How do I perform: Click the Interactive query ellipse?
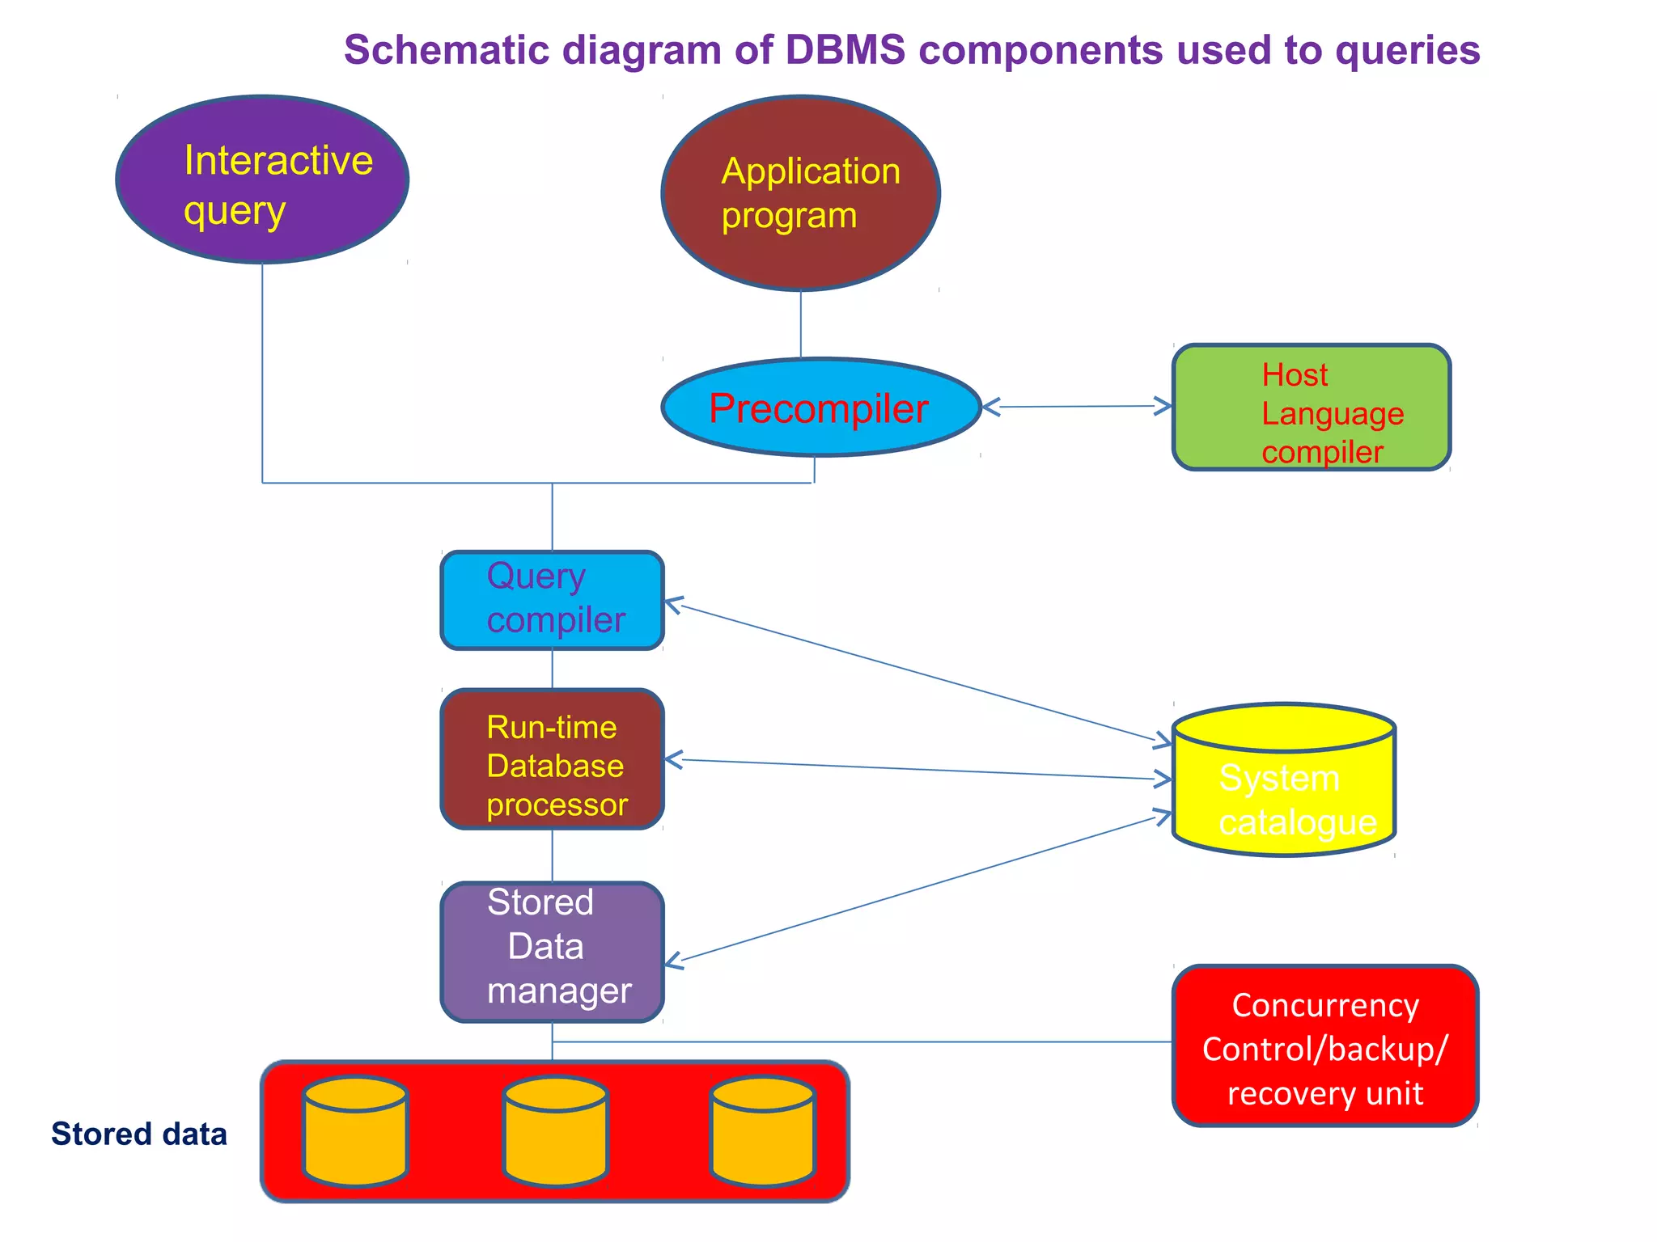coord(262,180)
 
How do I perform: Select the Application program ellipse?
coord(800,193)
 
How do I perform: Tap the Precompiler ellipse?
coord(820,408)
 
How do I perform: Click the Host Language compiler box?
coord(1311,408)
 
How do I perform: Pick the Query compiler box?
coord(552,600)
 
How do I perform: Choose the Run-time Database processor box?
coord(552,759)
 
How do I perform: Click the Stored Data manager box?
coord(552,952)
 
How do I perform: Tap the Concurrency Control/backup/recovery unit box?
coord(1324,1046)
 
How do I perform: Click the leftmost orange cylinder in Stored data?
coord(355,1131)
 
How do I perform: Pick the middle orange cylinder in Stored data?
coord(555,1131)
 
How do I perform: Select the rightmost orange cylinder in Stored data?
coord(762,1131)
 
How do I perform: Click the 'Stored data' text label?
coord(138,1134)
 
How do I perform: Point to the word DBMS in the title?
coord(845,50)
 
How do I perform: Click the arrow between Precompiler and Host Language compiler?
coord(1076,407)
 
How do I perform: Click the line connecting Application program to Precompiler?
coord(801,323)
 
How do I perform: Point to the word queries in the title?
coord(1407,50)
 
